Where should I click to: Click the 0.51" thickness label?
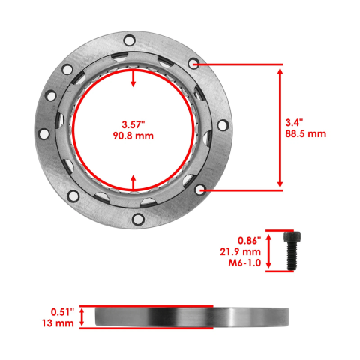coord(58,310)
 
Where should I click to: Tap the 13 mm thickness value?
coord(58,323)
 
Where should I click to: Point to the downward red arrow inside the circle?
coord(133,79)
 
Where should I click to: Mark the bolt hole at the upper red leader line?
coord(195,65)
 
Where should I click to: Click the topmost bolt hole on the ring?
coord(130,39)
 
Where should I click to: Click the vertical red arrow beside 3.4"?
coord(280,128)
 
